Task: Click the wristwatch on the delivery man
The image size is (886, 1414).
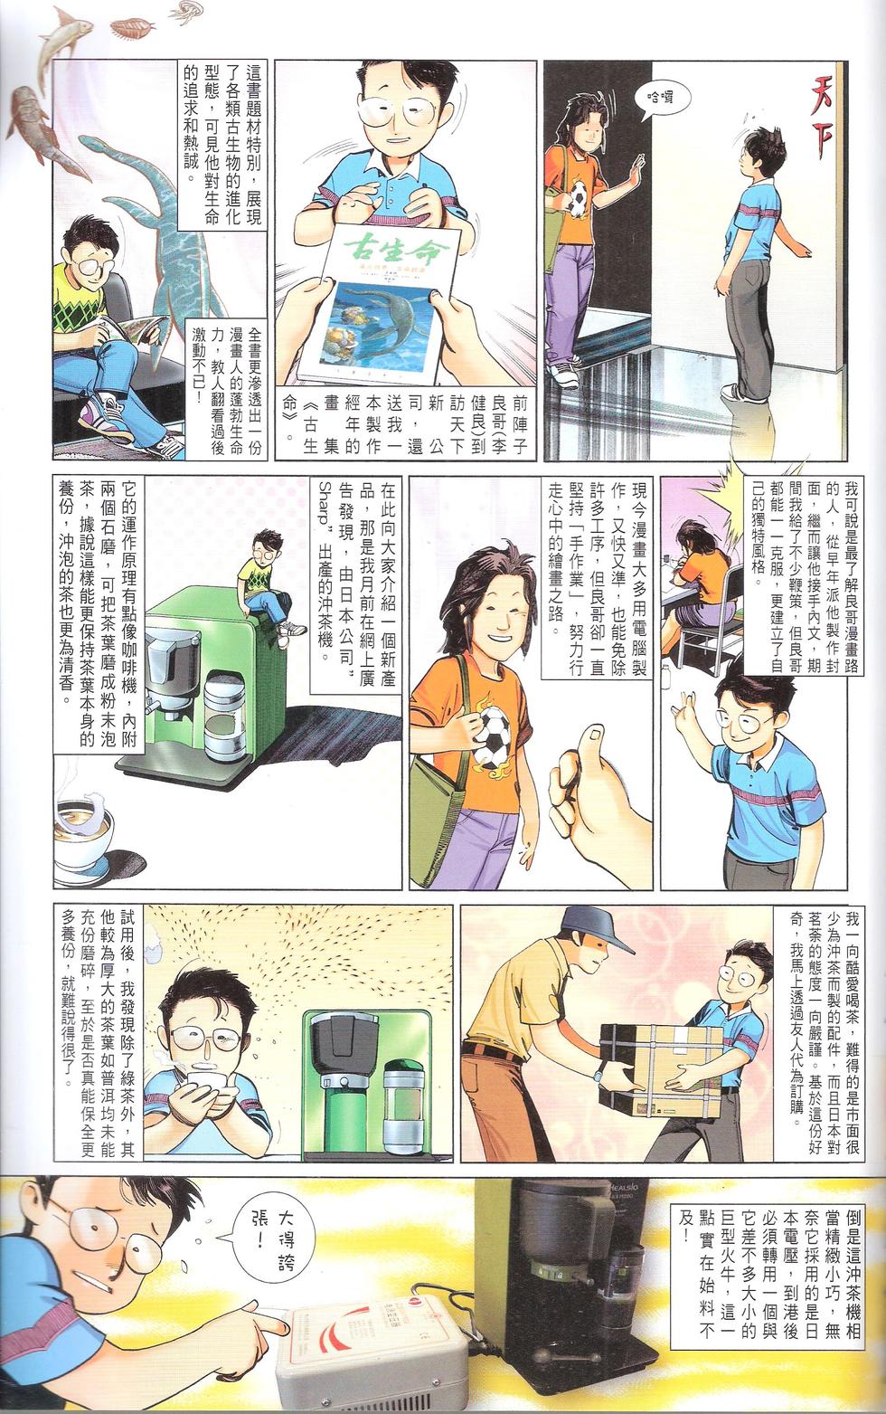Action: [x=598, y=1075]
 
